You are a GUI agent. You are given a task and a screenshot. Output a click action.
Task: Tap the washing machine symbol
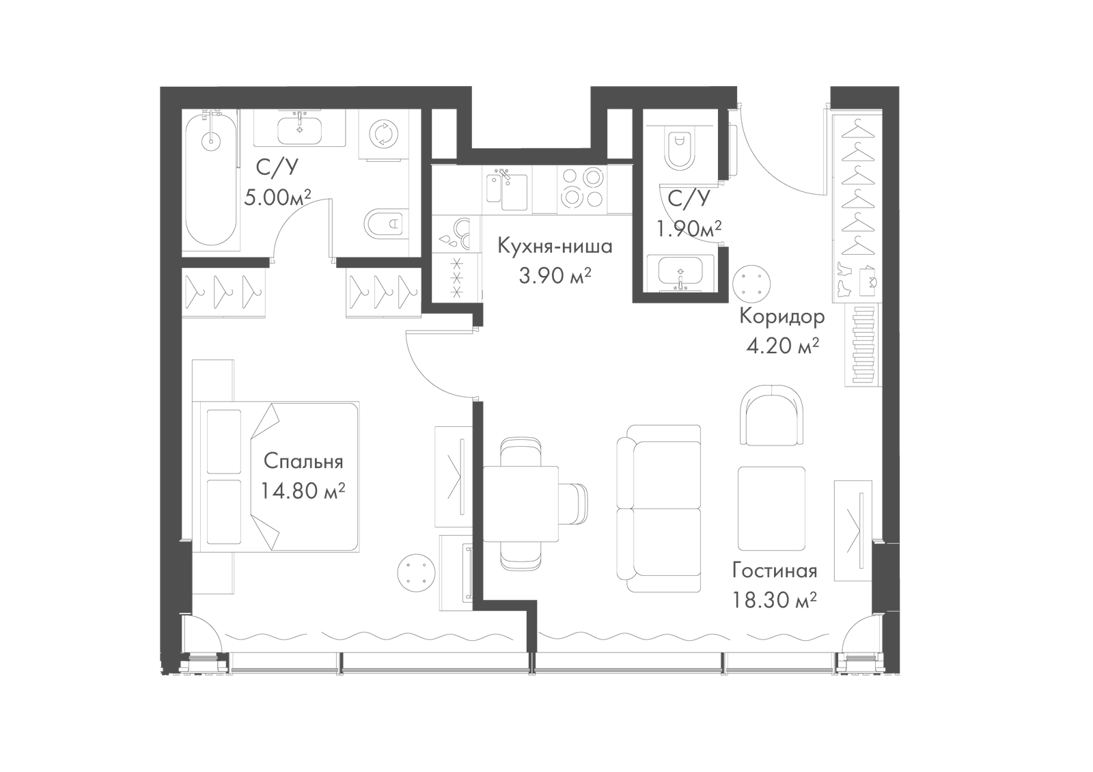[383, 134]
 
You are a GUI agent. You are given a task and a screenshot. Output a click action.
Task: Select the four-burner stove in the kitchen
[582, 187]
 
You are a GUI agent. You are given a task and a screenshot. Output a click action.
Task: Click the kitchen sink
[507, 189]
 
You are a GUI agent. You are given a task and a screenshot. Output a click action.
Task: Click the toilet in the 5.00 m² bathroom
[385, 224]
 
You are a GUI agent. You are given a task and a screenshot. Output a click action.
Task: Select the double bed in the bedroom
[276, 477]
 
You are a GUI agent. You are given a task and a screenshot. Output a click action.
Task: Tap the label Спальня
[303, 461]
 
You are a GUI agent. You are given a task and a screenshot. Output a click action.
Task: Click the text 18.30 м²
[775, 600]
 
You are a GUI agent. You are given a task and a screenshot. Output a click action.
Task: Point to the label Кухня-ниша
[555, 246]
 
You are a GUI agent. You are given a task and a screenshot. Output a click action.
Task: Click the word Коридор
[781, 316]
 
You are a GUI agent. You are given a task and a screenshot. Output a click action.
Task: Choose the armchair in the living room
[771, 415]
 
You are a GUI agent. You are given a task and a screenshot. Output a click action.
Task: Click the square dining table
[521, 504]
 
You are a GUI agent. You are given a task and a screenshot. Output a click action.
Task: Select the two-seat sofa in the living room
[659, 508]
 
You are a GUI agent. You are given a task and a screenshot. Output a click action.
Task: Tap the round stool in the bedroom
[416, 573]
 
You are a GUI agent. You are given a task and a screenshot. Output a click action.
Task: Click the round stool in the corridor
[752, 284]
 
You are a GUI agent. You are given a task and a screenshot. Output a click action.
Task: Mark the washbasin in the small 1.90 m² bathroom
[680, 271]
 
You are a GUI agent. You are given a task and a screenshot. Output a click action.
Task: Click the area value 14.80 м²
[303, 491]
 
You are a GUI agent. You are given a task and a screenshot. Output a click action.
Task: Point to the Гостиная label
[775, 570]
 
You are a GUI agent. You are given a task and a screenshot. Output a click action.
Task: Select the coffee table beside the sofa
[771, 509]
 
